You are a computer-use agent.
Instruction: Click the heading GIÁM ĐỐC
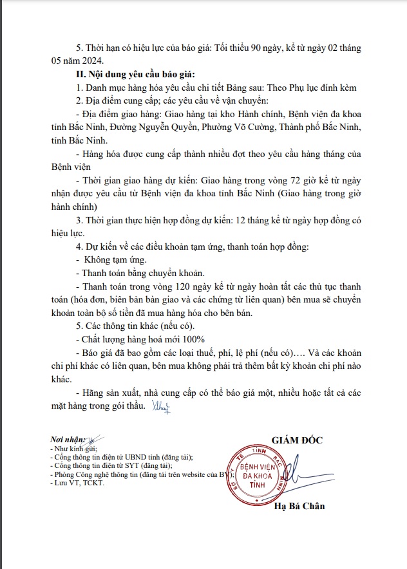click(x=297, y=440)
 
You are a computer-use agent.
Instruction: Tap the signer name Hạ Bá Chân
click(x=299, y=506)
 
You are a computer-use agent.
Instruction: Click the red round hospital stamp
click(x=258, y=471)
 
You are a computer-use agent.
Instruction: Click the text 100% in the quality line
click(x=193, y=339)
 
